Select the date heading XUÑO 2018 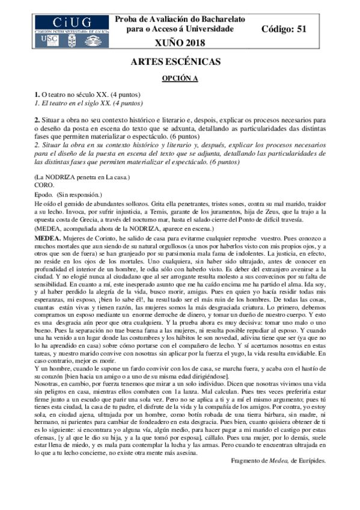pyautogui.click(x=180, y=42)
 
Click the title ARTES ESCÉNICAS pyautogui.click(x=180, y=63)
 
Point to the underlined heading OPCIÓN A pyautogui.click(x=180, y=79)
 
